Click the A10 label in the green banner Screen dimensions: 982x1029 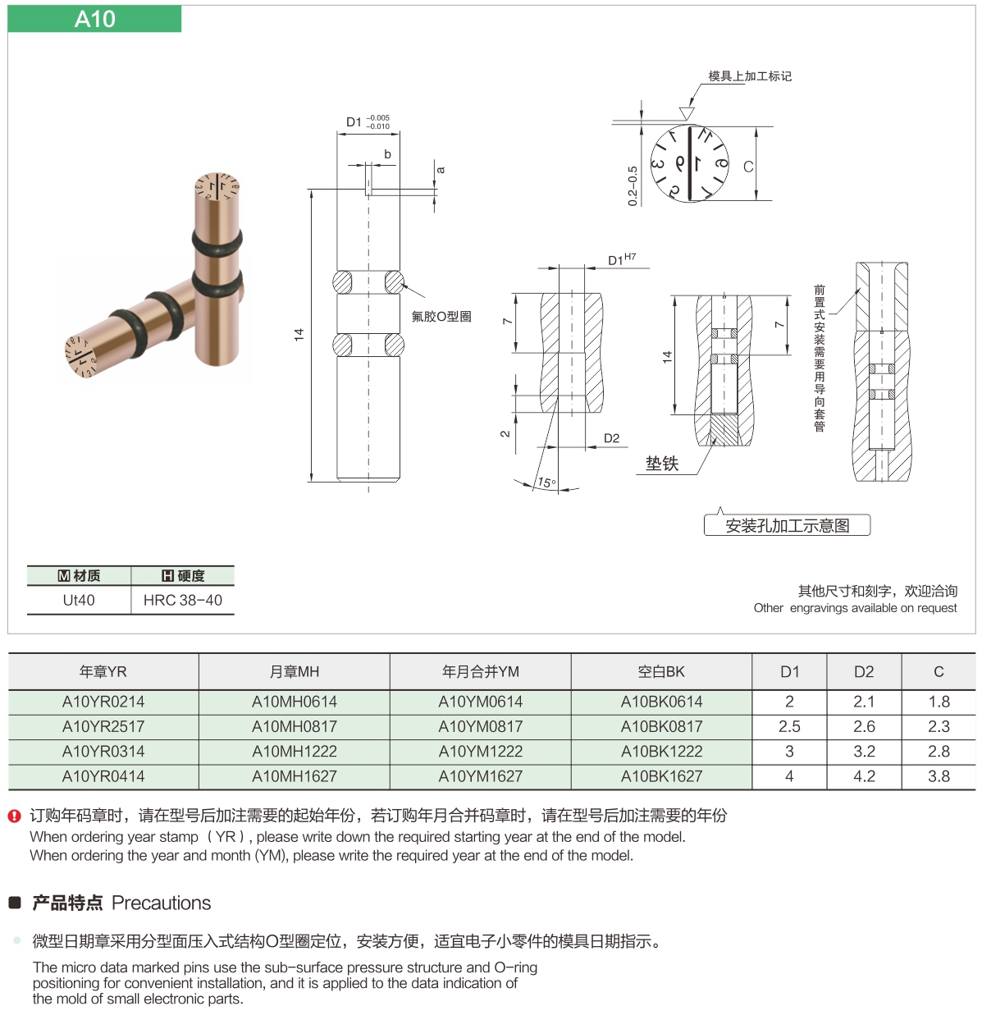click(x=94, y=19)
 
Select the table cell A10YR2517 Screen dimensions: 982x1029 click(x=103, y=726)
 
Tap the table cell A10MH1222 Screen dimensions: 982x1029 click(x=295, y=751)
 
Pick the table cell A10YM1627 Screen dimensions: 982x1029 click(x=481, y=776)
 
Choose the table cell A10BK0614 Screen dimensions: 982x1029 click(x=662, y=702)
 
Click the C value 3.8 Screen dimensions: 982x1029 click(x=939, y=776)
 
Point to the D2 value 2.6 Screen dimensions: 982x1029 click(x=864, y=726)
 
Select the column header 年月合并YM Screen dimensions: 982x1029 click(x=481, y=671)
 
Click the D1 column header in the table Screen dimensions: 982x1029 click(x=789, y=671)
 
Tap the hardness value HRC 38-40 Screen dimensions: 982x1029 click(x=183, y=600)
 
